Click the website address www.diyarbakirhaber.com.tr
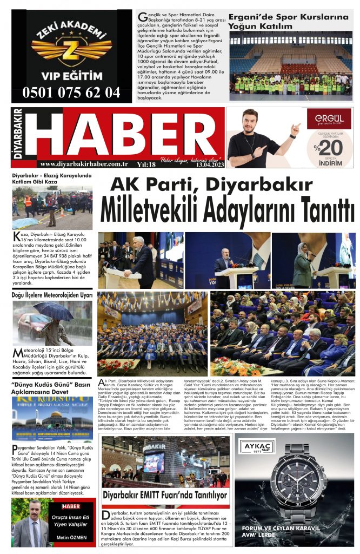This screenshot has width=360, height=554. tap(84, 164)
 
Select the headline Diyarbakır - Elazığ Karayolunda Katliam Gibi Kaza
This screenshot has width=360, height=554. tap(52, 179)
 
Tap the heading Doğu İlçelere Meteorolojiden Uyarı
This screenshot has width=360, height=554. tap(52, 295)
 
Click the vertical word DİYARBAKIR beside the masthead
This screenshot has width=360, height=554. tap(17, 137)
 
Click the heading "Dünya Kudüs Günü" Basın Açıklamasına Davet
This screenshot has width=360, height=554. tap(51, 389)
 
